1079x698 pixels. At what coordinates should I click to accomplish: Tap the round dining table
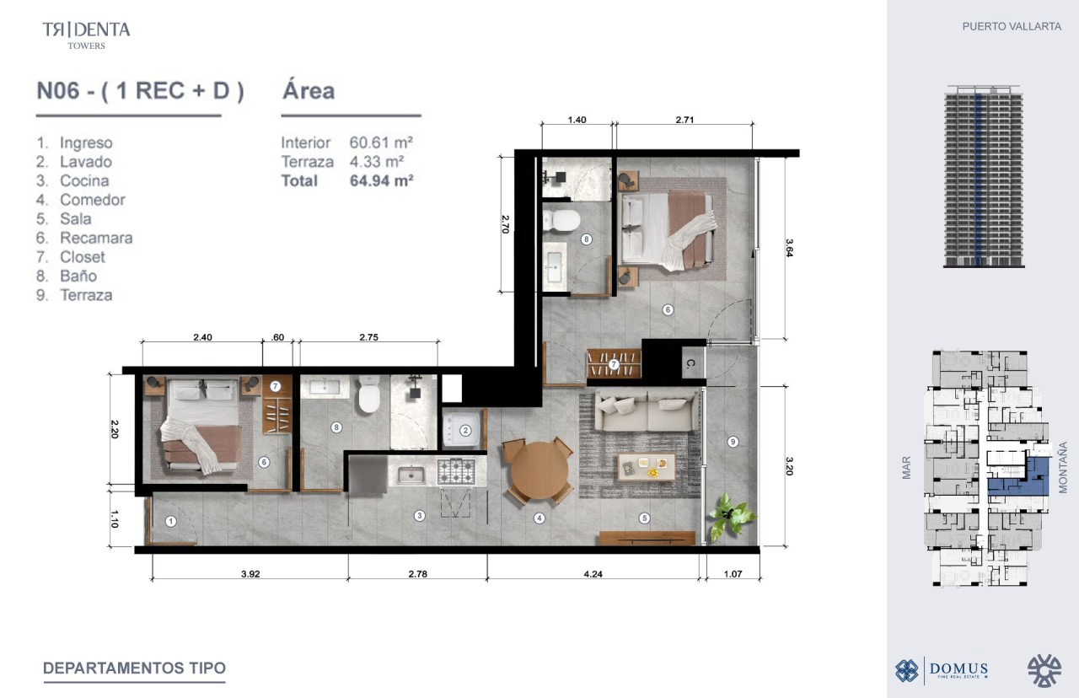539,470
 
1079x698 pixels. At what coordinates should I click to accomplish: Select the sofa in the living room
647,411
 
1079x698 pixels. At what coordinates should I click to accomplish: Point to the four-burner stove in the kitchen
456,471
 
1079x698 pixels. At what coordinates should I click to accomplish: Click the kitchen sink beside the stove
411,475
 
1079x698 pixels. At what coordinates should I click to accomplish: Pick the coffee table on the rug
647,467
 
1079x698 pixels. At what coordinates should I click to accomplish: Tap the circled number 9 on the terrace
733,442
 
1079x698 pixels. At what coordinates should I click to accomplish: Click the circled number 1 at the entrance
170,521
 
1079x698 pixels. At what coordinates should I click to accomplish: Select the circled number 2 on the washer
465,431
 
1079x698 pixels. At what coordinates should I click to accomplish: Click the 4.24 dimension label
593,574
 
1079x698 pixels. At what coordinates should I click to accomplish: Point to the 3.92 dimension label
250,574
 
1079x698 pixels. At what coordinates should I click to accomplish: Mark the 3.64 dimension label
789,248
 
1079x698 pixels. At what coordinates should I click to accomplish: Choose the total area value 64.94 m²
382,181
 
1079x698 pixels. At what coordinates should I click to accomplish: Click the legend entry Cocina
84,181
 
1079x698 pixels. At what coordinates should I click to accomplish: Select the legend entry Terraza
86,295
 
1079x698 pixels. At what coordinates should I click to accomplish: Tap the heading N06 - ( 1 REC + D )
140,91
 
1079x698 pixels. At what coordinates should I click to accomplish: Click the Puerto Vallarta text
1012,26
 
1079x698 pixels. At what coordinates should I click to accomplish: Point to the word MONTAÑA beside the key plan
1063,467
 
